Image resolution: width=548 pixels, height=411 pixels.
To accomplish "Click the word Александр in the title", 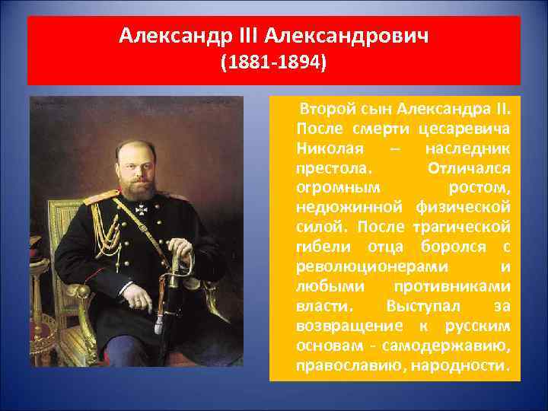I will point(162,37).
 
